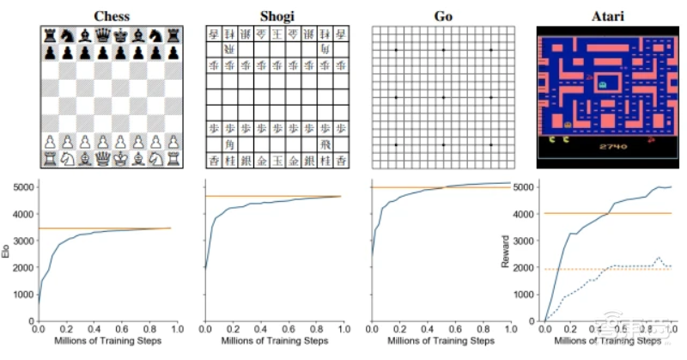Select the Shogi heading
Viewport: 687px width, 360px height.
click(276, 15)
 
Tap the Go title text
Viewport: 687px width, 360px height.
click(441, 15)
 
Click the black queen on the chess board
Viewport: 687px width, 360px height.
click(102, 36)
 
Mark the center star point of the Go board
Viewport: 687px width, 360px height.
click(442, 97)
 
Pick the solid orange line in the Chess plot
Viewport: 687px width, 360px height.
click(103, 228)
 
